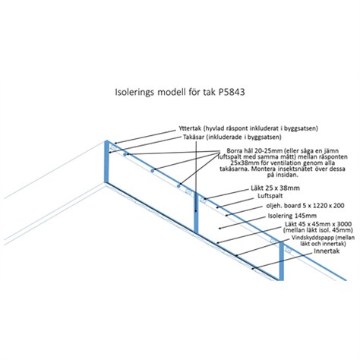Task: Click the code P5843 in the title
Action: click(x=231, y=92)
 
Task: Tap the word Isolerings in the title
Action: click(x=134, y=93)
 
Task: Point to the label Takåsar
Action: click(x=194, y=137)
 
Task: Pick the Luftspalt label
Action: click(x=270, y=196)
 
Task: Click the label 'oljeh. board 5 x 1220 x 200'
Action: click(x=305, y=206)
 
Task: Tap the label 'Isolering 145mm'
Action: click(x=292, y=216)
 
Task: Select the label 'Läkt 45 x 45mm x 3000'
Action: click(x=318, y=224)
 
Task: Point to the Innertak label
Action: click(x=327, y=251)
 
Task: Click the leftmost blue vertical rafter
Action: click(x=106, y=162)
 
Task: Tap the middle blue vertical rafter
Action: click(x=196, y=212)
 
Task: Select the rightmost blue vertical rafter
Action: click(x=281, y=261)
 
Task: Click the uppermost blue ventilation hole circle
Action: click(x=125, y=155)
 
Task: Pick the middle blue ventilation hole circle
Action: click(x=152, y=171)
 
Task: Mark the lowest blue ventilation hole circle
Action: click(x=178, y=186)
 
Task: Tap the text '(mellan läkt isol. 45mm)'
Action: click(x=317, y=230)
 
